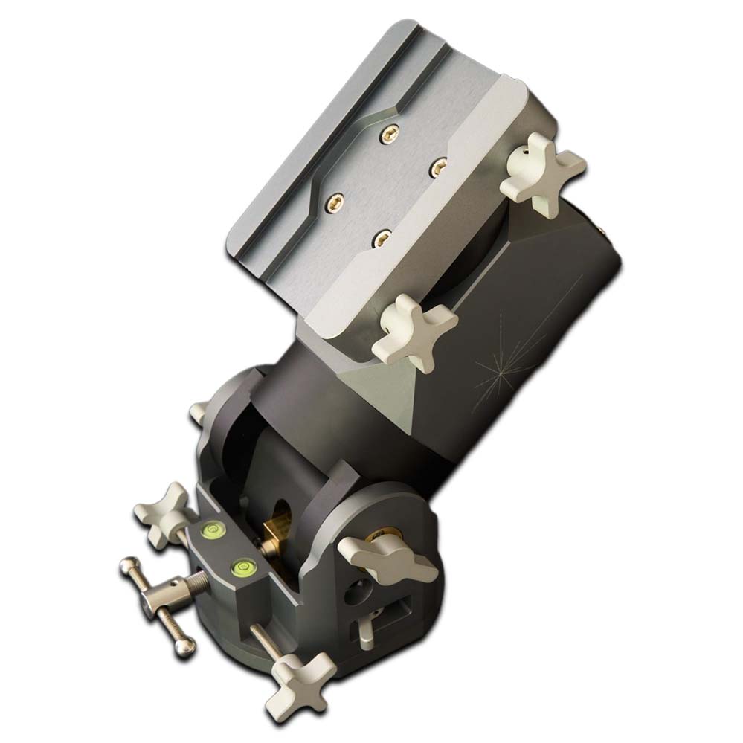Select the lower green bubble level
240,570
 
